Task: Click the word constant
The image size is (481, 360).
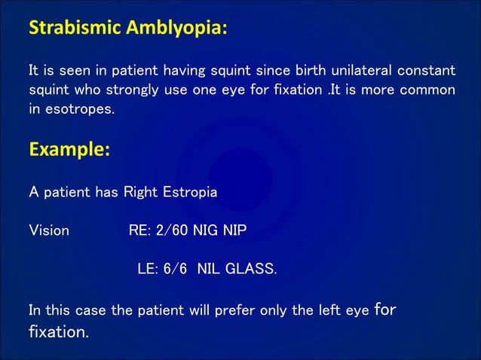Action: point(426,71)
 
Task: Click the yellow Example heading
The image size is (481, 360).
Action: point(69,150)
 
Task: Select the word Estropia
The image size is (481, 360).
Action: point(188,192)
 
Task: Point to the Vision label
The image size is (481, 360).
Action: point(48,230)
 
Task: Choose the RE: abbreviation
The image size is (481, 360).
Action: point(142,230)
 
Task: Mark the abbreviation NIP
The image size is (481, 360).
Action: point(242,230)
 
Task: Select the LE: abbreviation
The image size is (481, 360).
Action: point(147,269)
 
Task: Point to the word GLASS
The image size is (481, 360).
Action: point(251,269)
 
